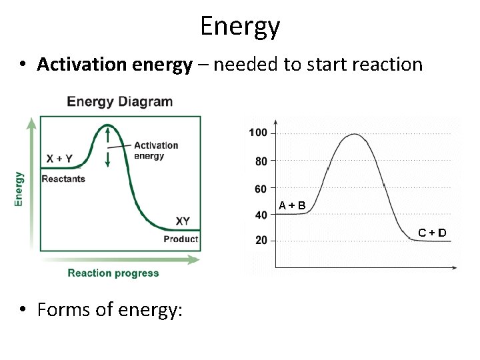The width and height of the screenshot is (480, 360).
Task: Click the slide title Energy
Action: click(240, 27)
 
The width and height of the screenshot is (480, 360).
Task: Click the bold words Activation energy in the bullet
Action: click(114, 65)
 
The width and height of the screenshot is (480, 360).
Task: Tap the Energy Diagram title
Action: click(120, 102)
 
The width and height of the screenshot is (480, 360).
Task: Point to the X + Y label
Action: click(60, 159)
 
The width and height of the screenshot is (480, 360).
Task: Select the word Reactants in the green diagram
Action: click(63, 179)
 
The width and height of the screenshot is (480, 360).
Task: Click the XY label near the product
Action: click(183, 221)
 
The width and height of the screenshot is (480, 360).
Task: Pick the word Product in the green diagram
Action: click(181, 239)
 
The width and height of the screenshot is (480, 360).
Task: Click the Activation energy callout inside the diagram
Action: click(156, 151)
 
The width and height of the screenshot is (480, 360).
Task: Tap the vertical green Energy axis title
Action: click(19, 189)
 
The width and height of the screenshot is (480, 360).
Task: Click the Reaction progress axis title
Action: click(113, 273)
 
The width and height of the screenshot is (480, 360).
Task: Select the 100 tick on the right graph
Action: click(258, 133)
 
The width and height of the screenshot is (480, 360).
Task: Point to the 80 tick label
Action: click(261, 161)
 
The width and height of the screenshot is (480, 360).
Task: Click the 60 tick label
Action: click(261, 189)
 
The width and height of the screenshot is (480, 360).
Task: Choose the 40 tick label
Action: click(261, 215)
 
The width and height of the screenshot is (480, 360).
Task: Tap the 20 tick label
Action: click(261, 240)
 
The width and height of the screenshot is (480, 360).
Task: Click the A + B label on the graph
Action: click(293, 205)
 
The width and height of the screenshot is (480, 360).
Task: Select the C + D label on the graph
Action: click(432, 233)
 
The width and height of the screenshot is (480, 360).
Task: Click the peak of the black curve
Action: click(354, 135)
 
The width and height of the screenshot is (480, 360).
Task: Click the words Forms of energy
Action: click(110, 310)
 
